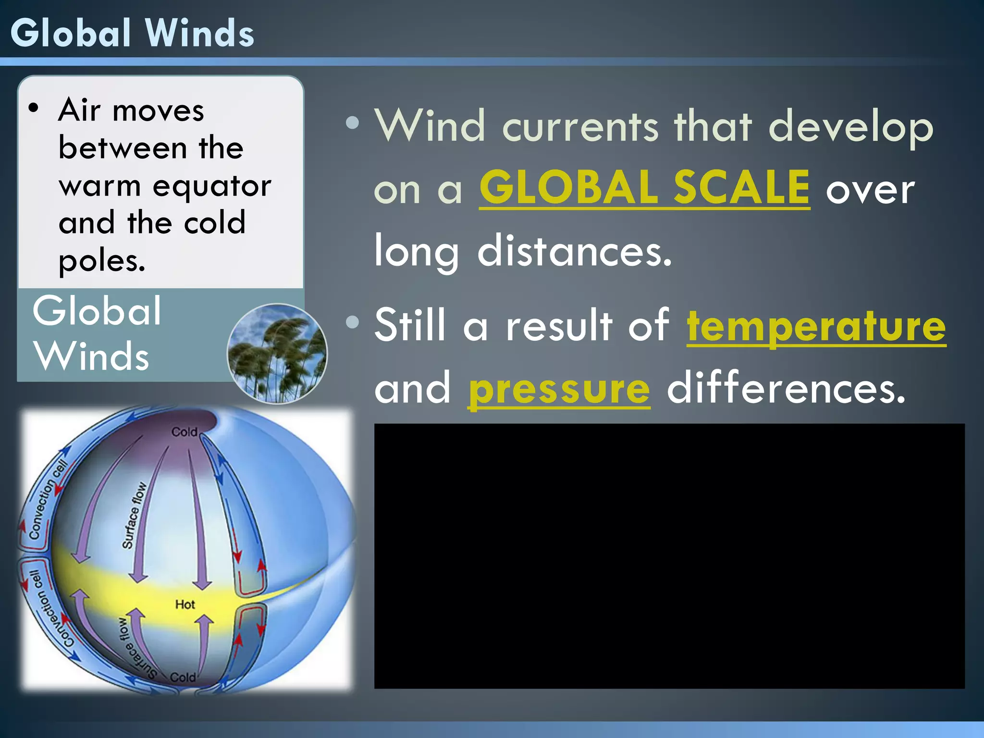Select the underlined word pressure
[x=559, y=389]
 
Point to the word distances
[x=574, y=251]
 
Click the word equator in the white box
[x=211, y=186]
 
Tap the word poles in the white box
[x=101, y=261]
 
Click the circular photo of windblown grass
[x=277, y=354]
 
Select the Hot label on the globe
[x=185, y=604]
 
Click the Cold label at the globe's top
[x=184, y=432]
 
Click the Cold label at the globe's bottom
[x=183, y=677]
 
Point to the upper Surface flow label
[x=134, y=515]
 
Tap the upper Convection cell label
[x=47, y=500]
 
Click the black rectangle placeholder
[x=669, y=556]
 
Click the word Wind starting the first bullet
[x=430, y=126]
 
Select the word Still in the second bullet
[x=410, y=326]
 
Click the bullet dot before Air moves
[x=33, y=108]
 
